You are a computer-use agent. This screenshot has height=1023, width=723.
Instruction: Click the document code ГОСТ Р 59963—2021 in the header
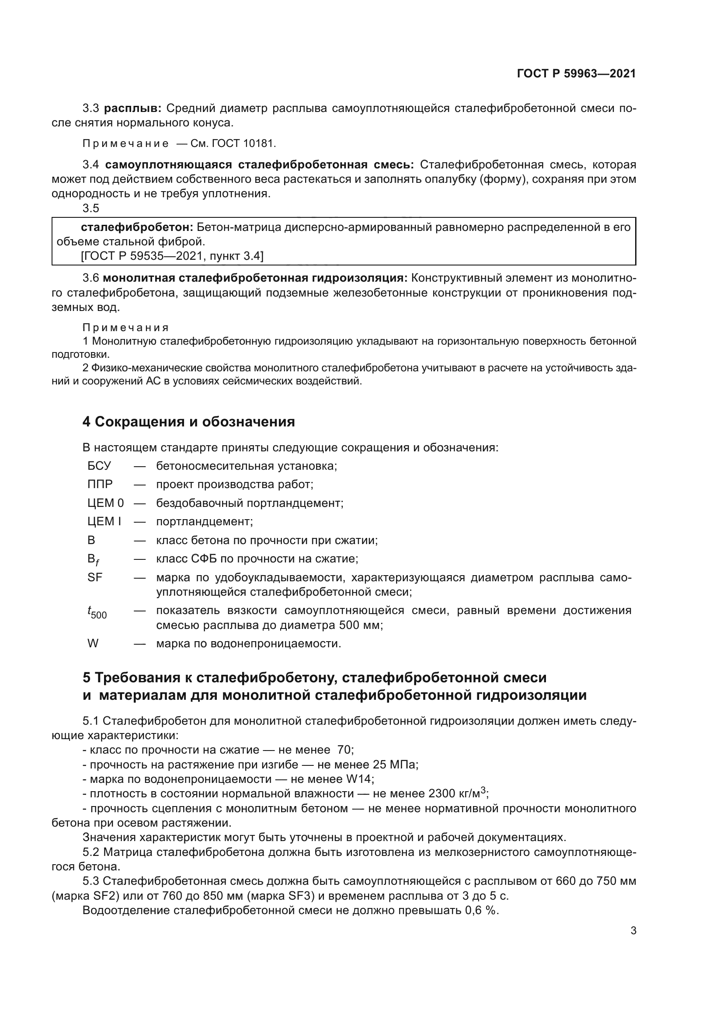pyautogui.click(x=576, y=74)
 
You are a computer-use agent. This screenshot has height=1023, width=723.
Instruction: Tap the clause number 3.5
pyautogui.click(x=90, y=208)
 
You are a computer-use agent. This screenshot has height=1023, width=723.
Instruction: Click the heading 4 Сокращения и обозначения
pyautogui.click(x=188, y=422)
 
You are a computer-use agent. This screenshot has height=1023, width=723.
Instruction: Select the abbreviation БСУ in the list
pyautogui.click(x=99, y=466)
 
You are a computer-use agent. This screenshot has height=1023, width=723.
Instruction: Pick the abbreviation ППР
pyautogui.click(x=100, y=484)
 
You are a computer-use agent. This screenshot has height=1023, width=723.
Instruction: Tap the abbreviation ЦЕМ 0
pyautogui.click(x=105, y=503)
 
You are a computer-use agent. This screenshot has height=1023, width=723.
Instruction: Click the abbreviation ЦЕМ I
pyautogui.click(x=104, y=521)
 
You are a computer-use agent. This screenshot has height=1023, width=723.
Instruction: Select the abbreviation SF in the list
pyautogui.click(x=95, y=577)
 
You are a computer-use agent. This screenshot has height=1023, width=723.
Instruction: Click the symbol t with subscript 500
pyautogui.click(x=97, y=613)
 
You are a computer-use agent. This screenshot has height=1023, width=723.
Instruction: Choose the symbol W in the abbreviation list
pyautogui.click(x=93, y=643)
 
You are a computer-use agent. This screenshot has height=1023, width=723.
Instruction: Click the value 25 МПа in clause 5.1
pyautogui.click(x=393, y=765)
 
